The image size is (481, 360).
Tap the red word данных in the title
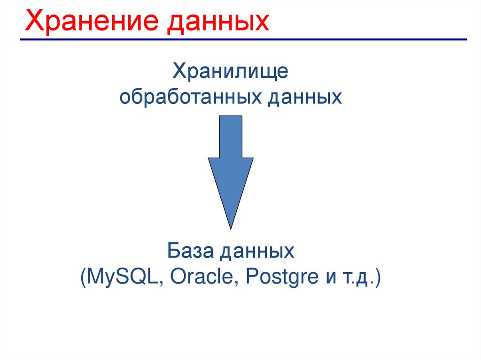click(x=218, y=23)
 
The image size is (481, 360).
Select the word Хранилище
click(x=230, y=72)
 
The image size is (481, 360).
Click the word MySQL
click(x=122, y=277)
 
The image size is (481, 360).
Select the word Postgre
click(x=282, y=277)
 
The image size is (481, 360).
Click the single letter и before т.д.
click(x=331, y=277)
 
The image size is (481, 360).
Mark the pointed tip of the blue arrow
click(x=231, y=229)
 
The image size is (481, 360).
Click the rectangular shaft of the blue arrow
click(x=231, y=137)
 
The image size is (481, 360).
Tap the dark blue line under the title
click(x=243, y=39)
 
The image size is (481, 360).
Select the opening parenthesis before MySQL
click(x=83, y=277)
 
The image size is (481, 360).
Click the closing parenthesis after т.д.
click(x=378, y=277)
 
